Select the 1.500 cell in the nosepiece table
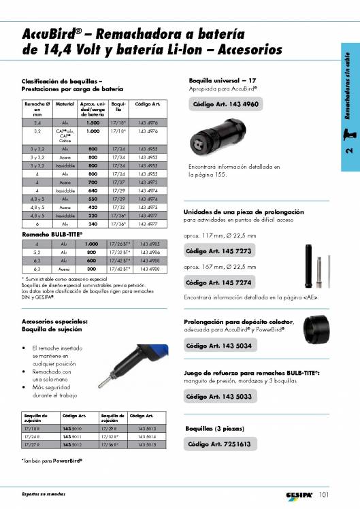tap(93, 122)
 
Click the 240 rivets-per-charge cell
tap(93, 223)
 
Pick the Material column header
tap(65, 104)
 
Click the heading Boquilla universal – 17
tap(222, 80)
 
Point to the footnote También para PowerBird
tap(52, 461)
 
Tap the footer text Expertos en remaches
tap(44, 494)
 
